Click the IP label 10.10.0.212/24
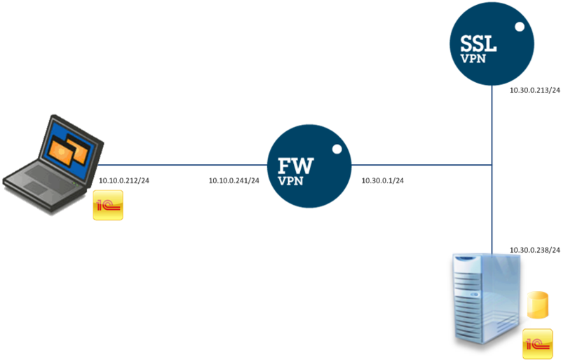click(124, 180)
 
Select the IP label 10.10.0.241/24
click(234, 180)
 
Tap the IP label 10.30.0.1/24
click(382, 180)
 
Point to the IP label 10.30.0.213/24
click(535, 91)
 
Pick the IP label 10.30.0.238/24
click(535, 250)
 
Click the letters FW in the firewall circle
click(295, 166)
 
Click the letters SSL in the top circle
click(478, 44)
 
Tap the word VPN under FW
click(290, 181)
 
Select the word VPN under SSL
click(473, 58)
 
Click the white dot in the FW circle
click(337, 149)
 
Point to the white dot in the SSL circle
click(520, 27)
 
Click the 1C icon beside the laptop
click(108, 205)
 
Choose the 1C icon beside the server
click(537, 344)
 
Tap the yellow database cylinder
click(538, 305)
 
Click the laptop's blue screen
click(70, 151)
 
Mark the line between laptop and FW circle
click(182, 165)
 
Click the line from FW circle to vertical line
click(422, 165)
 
